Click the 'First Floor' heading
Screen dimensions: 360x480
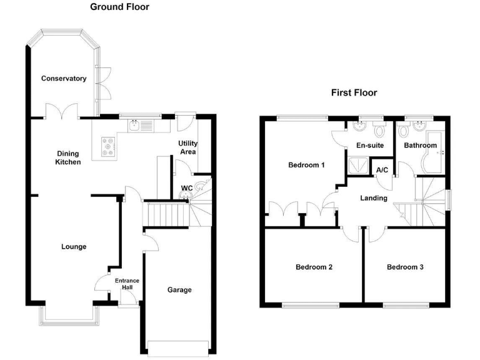(354, 93)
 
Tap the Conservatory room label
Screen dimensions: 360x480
(63, 79)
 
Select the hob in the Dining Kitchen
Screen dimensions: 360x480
(107, 148)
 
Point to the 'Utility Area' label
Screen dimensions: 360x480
(188, 147)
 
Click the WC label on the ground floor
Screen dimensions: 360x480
(186, 187)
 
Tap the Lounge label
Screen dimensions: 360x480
(74, 247)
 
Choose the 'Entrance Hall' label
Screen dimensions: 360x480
(127, 284)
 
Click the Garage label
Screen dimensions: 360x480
(179, 290)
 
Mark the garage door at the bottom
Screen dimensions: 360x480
(178, 348)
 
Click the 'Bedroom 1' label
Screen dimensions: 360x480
(306, 166)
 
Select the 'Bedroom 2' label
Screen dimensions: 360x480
(314, 267)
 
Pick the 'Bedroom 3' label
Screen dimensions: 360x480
(405, 267)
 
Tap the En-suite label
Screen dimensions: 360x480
(369, 146)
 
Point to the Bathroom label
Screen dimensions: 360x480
(420, 146)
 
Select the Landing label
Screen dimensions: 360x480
(374, 198)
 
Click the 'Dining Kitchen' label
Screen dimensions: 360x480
(69, 157)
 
